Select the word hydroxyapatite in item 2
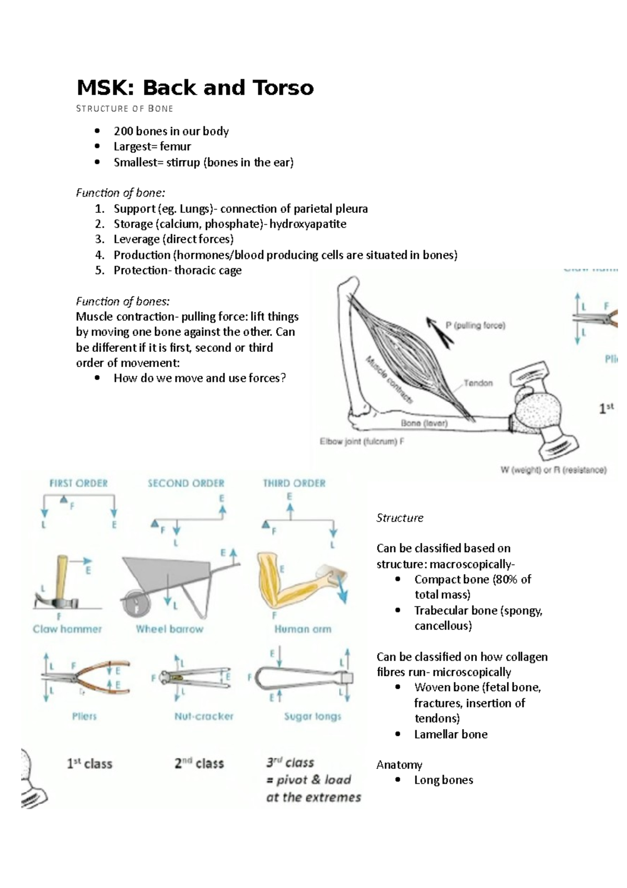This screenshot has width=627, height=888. coord(308,224)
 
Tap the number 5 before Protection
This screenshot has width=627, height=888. coord(99,270)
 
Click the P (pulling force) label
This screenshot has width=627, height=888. coord(475,325)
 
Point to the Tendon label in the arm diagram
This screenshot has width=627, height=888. coord(478,383)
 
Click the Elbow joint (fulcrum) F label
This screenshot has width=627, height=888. coord(362,441)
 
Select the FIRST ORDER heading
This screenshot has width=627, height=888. coord(78,483)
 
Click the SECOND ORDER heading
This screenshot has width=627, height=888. coord(186,483)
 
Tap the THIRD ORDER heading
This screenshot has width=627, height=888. coord(294,483)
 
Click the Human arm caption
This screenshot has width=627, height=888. coord(303,629)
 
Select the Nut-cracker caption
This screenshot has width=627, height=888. coord(204,716)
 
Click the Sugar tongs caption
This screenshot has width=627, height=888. coord(312,716)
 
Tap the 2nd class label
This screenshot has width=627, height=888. coord(199,764)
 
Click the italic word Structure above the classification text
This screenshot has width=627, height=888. coord(400,518)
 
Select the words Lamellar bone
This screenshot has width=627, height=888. coord(451,734)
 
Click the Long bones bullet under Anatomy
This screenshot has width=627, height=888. coord(444,780)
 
